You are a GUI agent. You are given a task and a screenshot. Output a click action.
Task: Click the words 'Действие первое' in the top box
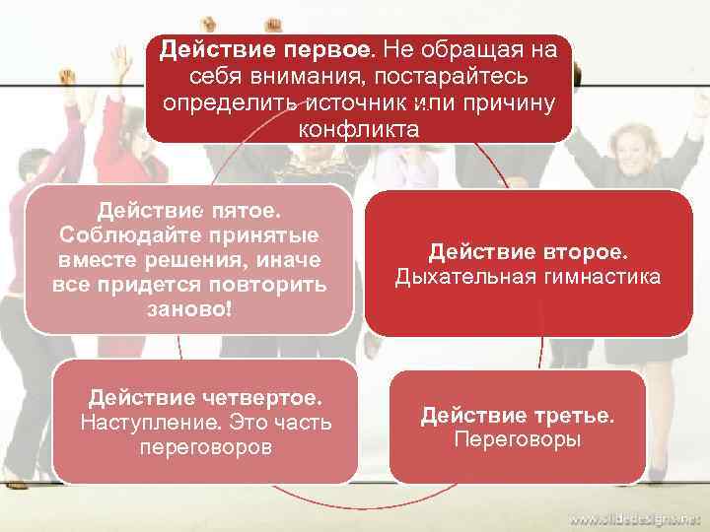[265, 48]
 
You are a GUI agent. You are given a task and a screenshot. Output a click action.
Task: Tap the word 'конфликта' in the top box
[358, 129]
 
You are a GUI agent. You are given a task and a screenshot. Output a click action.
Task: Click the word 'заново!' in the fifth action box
[188, 307]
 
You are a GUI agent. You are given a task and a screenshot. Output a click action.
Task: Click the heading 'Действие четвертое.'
[205, 398]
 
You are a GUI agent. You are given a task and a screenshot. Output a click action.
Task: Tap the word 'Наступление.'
[150, 423]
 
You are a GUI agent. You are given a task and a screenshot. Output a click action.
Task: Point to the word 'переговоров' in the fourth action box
[205, 447]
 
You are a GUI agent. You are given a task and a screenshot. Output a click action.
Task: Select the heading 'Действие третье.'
[517, 415]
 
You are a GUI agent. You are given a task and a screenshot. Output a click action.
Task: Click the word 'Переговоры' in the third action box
[517, 439]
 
